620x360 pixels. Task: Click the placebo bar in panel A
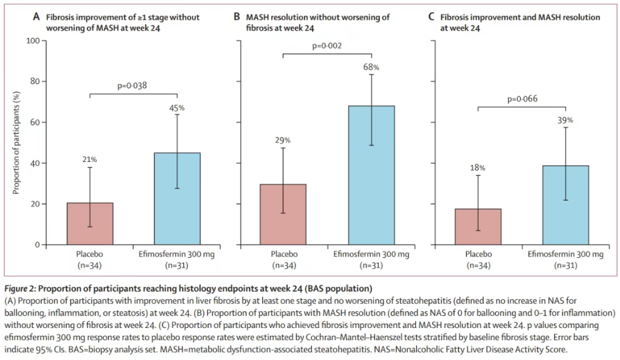pos(90,223)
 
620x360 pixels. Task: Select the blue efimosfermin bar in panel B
pos(371,175)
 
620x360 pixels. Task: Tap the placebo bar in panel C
pos(478,227)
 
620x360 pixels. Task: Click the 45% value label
pos(177,108)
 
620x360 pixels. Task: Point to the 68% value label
pos(371,67)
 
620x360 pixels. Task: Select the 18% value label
pos(477,168)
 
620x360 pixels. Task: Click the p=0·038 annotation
pos(132,85)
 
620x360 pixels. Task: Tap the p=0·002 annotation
pos(327,45)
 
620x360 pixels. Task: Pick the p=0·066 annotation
pos(523,99)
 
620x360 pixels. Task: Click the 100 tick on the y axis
pos(33,41)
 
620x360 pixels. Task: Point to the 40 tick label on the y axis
pos(35,163)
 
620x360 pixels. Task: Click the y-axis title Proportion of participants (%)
pos(16,143)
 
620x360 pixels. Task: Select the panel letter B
pos(237,17)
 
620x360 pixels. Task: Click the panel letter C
pos(431,17)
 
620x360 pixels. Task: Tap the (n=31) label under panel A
pos(177,265)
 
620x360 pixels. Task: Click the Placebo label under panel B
pos(284,254)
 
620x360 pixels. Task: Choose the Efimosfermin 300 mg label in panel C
pos(565,254)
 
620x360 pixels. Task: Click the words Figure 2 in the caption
pos(20,289)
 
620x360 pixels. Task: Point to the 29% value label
pos(283,140)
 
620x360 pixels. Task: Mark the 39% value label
pos(565,120)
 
